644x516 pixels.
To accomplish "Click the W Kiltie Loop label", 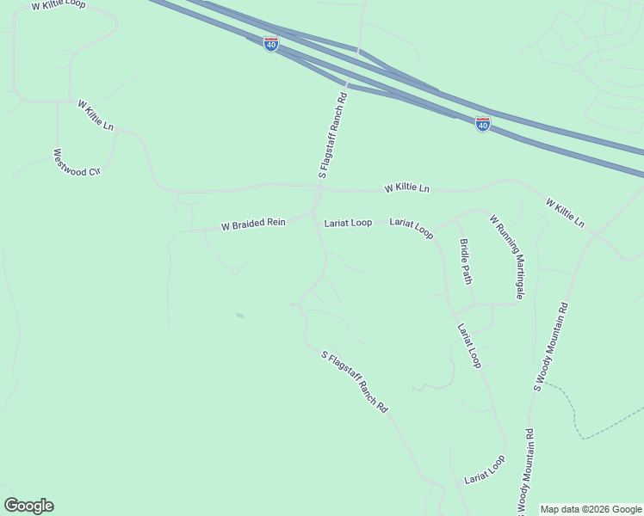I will coord(58,5).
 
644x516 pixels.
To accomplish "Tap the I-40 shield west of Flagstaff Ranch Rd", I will coord(270,45).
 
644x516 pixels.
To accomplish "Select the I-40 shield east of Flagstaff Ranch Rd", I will coord(483,125).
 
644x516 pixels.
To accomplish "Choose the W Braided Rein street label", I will coord(253,224).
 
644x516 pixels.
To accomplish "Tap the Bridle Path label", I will coord(466,261).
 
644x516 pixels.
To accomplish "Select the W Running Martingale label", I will coord(507,257).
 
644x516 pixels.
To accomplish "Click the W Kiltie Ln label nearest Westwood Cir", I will coord(96,115).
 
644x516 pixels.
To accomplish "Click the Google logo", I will coord(28,506).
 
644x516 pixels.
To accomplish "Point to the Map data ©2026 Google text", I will coord(591,509).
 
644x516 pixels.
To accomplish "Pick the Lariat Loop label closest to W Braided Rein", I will coord(348,223).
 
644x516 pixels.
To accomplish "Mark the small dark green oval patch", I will coord(239,316).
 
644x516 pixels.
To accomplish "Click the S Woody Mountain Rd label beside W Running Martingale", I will coord(551,346).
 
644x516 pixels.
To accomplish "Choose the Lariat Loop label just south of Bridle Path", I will coord(469,345).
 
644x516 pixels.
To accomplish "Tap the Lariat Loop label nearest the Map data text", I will coord(485,470).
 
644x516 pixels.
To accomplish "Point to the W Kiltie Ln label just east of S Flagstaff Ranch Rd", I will coord(406,187).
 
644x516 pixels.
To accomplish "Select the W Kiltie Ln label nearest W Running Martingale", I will coord(565,213).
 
